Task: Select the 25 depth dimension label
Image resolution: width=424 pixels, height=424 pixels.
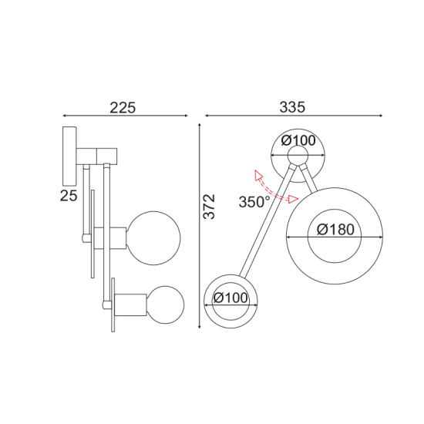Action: [x=69, y=196]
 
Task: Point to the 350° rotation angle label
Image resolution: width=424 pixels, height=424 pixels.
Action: [x=254, y=203]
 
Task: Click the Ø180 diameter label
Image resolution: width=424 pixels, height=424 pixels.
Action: [x=334, y=229]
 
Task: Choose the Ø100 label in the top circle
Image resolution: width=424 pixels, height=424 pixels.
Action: [x=298, y=140]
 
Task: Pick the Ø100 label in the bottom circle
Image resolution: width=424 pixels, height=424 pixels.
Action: [x=231, y=298]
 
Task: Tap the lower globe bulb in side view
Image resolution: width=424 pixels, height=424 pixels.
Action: [x=167, y=304]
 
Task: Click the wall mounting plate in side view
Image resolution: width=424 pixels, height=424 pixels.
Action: [x=69, y=154]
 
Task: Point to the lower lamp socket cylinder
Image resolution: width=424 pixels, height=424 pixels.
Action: [x=133, y=304]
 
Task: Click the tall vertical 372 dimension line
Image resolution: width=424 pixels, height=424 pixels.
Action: [x=199, y=231]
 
